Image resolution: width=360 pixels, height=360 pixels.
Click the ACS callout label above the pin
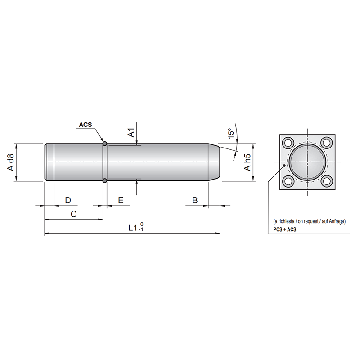point(85,125)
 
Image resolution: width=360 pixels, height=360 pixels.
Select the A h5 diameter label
point(247,162)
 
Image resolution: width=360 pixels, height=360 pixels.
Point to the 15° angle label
point(230,133)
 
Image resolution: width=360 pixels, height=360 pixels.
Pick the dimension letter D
point(68,200)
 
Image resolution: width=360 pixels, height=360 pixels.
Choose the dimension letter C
point(74,214)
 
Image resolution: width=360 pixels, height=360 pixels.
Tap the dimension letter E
point(121,200)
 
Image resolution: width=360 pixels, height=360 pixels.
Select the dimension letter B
point(195,200)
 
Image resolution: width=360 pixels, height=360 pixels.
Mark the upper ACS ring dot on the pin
point(104,144)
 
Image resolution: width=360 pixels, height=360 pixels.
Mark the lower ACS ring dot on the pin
point(104,181)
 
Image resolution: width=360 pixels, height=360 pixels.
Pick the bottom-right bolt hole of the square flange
point(327,182)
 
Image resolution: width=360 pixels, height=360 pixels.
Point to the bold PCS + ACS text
point(285,229)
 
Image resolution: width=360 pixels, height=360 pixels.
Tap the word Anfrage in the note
point(336,222)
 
